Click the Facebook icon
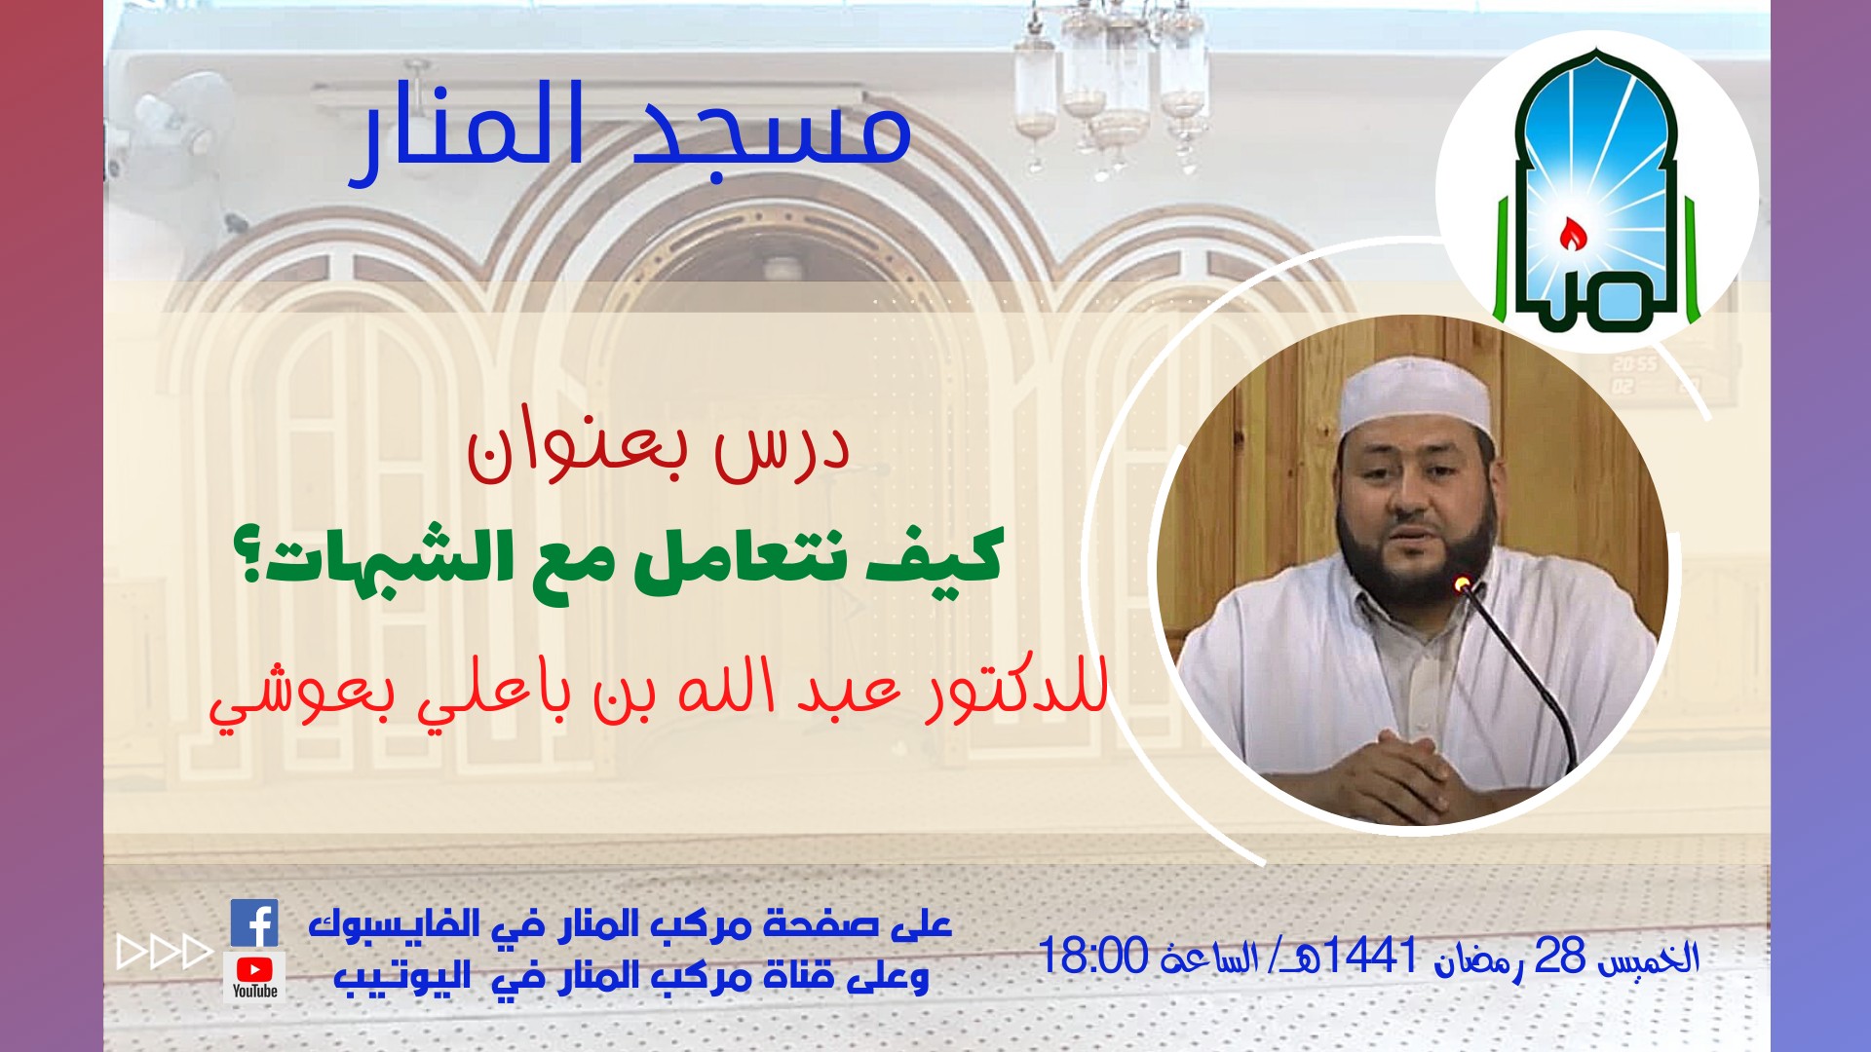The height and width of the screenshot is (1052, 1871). point(254,922)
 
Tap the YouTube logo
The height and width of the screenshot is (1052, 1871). point(254,975)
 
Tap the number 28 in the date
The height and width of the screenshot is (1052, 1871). point(1560,956)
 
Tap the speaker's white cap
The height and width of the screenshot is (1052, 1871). point(1415,399)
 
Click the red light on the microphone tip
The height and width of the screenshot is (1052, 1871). point(1461,584)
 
